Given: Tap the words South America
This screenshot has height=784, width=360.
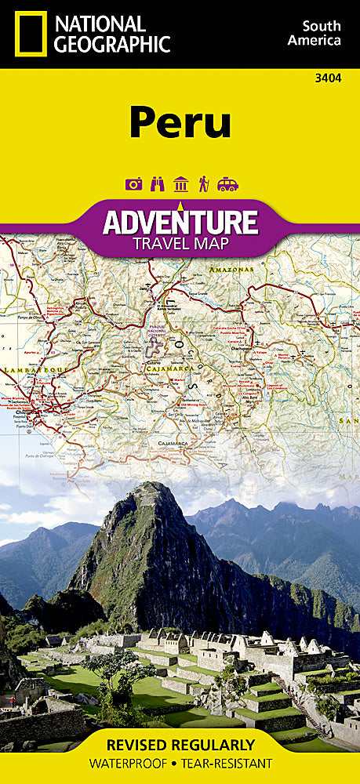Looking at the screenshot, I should point(314,33).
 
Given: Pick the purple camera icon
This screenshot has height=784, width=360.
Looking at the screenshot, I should point(133,183).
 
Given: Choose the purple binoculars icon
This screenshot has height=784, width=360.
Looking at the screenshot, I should point(157,183).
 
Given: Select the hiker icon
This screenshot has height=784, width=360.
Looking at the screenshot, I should point(204,183).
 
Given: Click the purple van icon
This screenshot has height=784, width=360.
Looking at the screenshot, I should point(227,183).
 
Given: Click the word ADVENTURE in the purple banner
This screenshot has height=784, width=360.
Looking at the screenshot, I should point(180,221).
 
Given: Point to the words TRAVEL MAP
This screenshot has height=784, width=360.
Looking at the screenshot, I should point(180,242).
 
